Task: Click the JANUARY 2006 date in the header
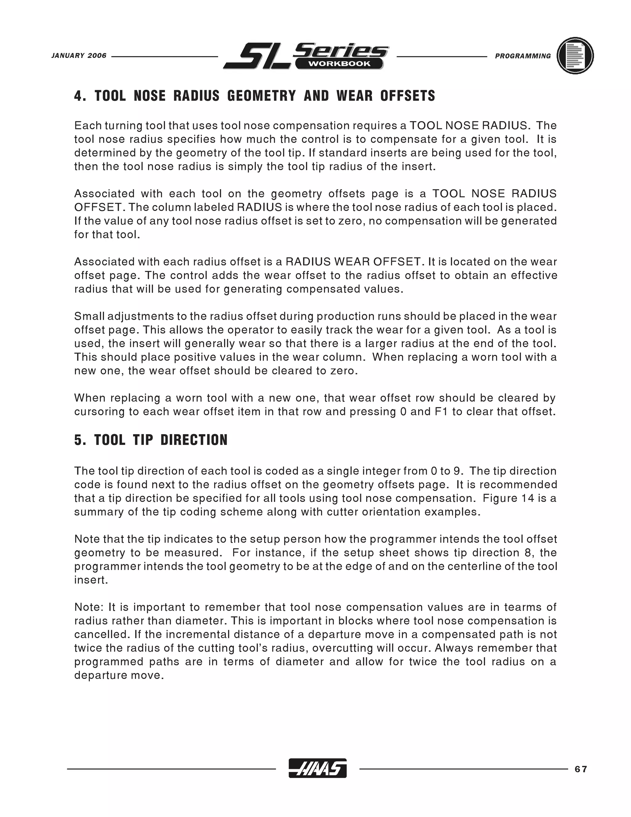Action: click(79, 56)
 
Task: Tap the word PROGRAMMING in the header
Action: click(523, 56)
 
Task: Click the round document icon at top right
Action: click(575, 56)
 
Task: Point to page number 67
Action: click(581, 769)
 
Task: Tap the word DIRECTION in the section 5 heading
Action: click(194, 440)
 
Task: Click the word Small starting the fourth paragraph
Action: click(89, 317)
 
